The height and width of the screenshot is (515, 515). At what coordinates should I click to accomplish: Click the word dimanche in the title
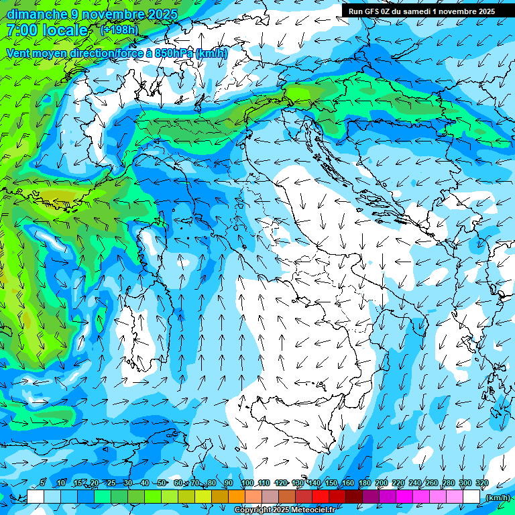tap(36, 14)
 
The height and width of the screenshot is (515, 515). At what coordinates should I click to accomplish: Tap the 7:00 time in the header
tap(22, 30)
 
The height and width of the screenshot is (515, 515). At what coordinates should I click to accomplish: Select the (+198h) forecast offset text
tap(120, 30)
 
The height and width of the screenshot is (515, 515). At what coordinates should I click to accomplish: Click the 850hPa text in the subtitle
tap(174, 53)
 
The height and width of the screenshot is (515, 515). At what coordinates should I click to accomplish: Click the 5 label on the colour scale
tap(42, 483)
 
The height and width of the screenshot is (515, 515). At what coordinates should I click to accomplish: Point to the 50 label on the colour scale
tap(162, 483)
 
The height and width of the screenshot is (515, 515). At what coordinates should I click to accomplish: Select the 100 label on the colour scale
tap(247, 483)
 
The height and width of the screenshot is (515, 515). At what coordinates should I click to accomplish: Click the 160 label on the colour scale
tap(347, 483)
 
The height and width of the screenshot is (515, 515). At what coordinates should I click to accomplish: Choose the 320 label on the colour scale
tap(481, 483)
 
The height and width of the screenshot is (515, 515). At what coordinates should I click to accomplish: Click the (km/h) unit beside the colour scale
tap(497, 498)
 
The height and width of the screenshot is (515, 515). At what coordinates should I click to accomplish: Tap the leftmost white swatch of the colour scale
tap(36, 496)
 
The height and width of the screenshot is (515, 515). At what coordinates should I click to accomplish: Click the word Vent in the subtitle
tap(19, 53)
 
